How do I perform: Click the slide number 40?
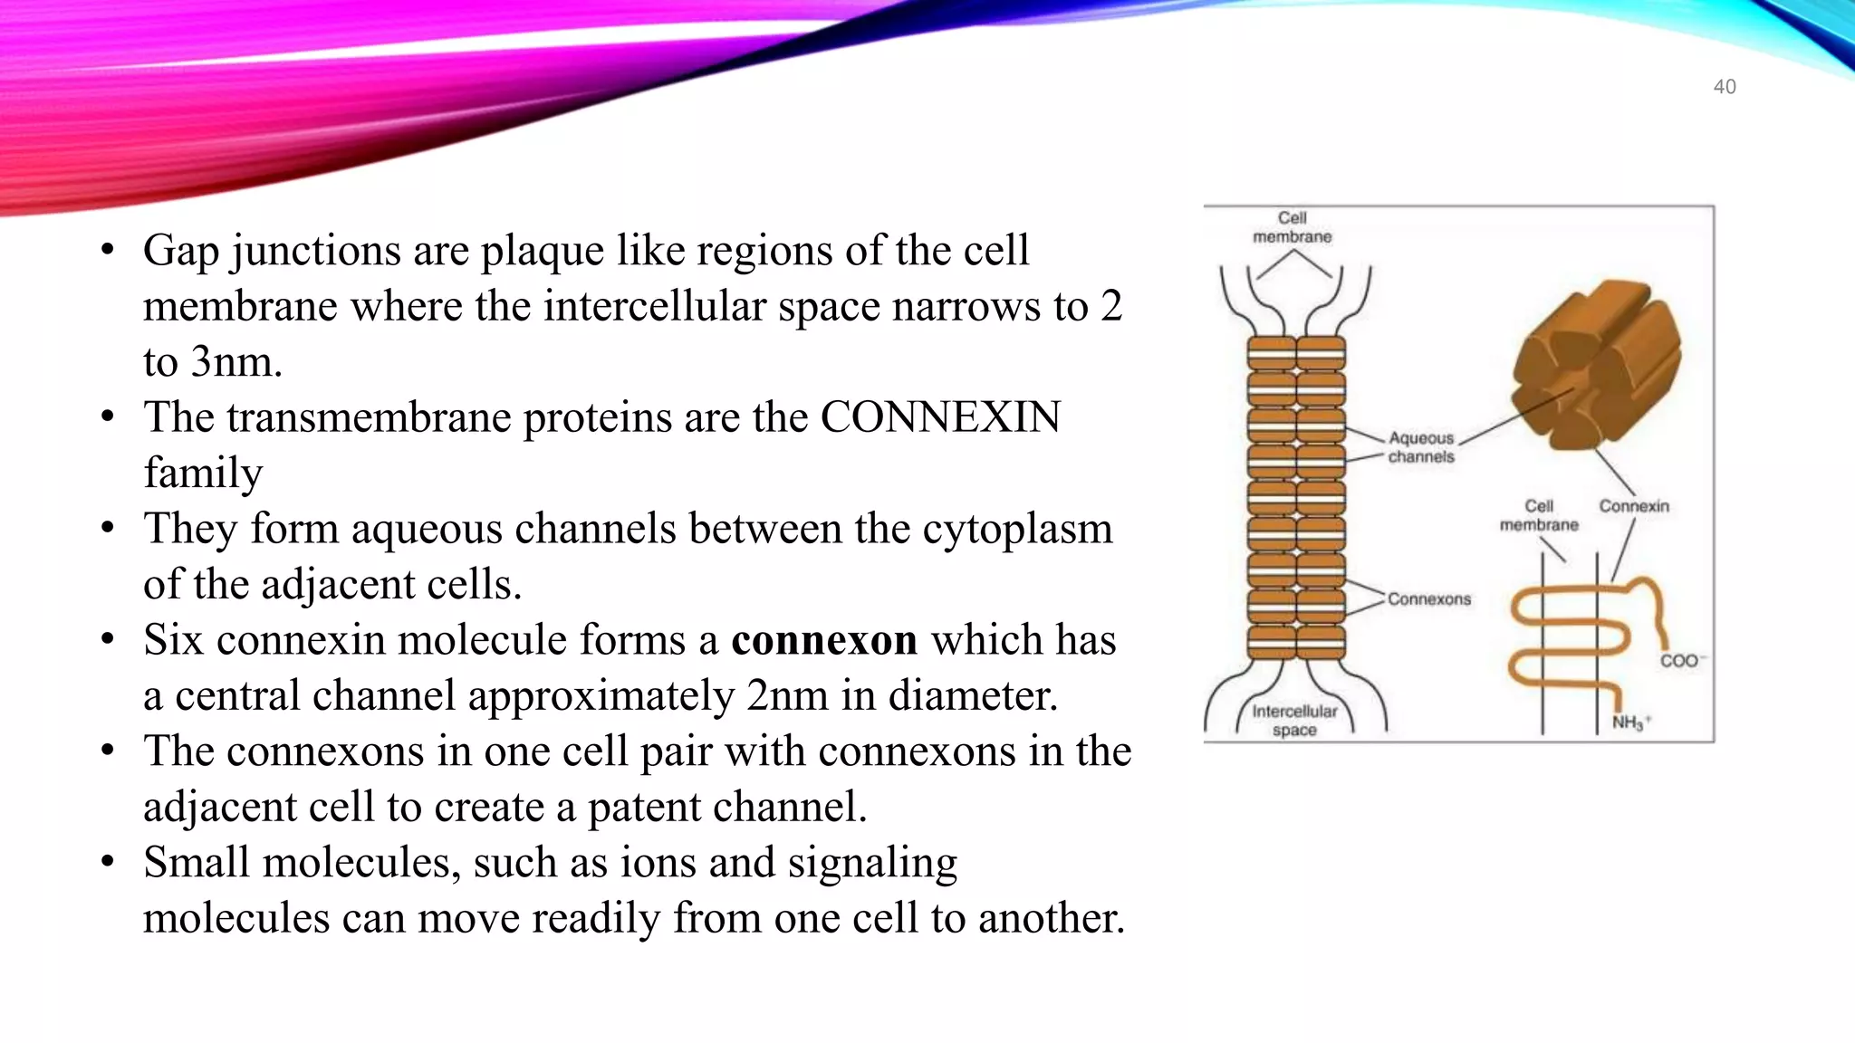click(x=1724, y=87)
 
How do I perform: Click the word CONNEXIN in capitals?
click(x=939, y=418)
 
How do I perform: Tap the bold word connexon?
click(x=823, y=641)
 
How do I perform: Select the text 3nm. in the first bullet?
click(x=213, y=363)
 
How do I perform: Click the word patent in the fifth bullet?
click(x=646, y=808)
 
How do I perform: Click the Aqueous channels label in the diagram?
click(x=1420, y=447)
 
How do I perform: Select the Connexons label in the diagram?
click(x=1428, y=599)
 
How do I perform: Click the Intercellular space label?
click(x=1293, y=721)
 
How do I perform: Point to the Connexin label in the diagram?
click(x=1633, y=506)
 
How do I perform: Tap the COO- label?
click(x=1681, y=661)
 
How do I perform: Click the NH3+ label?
click(x=1630, y=722)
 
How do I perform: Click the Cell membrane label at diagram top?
click(x=1292, y=227)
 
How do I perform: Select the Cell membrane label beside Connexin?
click(x=1538, y=515)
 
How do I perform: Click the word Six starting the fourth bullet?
click(x=173, y=641)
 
